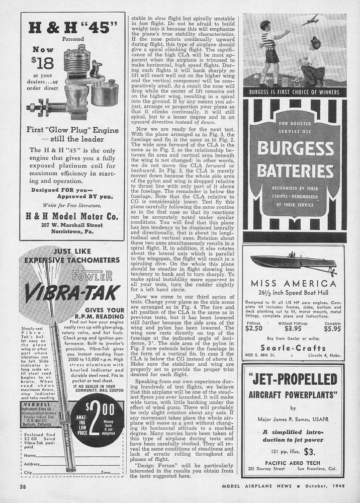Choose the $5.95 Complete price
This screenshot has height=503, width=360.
click(332, 329)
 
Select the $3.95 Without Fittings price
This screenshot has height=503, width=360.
click(293, 329)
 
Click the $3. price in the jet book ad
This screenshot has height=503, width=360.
click(309, 451)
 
